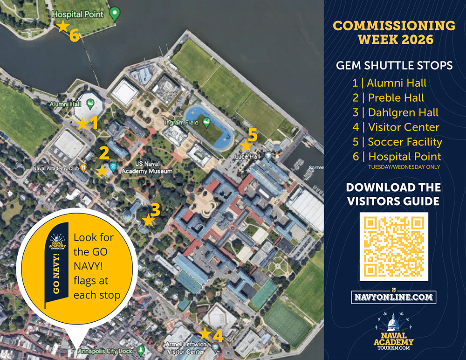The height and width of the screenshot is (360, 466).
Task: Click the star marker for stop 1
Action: click(x=82, y=124)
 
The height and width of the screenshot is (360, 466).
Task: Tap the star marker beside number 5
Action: click(x=246, y=145)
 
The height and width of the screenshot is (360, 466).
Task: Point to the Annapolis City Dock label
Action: click(x=105, y=350)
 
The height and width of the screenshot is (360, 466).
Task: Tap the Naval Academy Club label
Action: click(x=55, y=167)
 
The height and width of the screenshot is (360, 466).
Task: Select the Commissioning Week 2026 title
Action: click(x=394, y=32)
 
